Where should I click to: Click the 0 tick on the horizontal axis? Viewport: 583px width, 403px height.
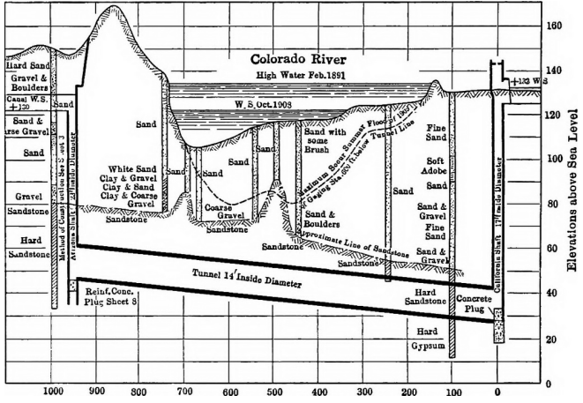coord(499,393)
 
